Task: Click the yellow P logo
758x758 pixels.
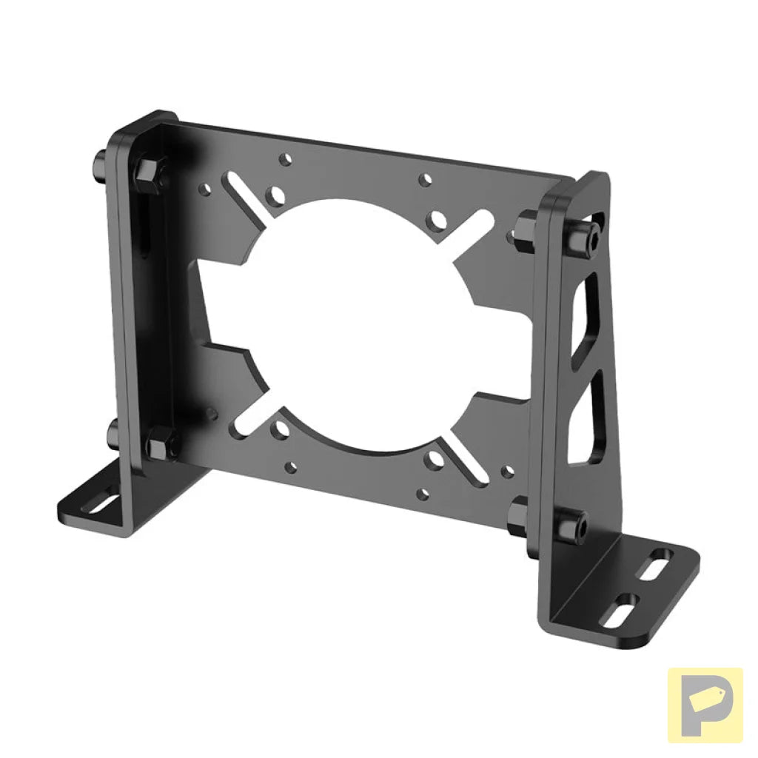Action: [705, 705]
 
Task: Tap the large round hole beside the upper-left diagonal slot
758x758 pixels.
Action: [278, 196]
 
